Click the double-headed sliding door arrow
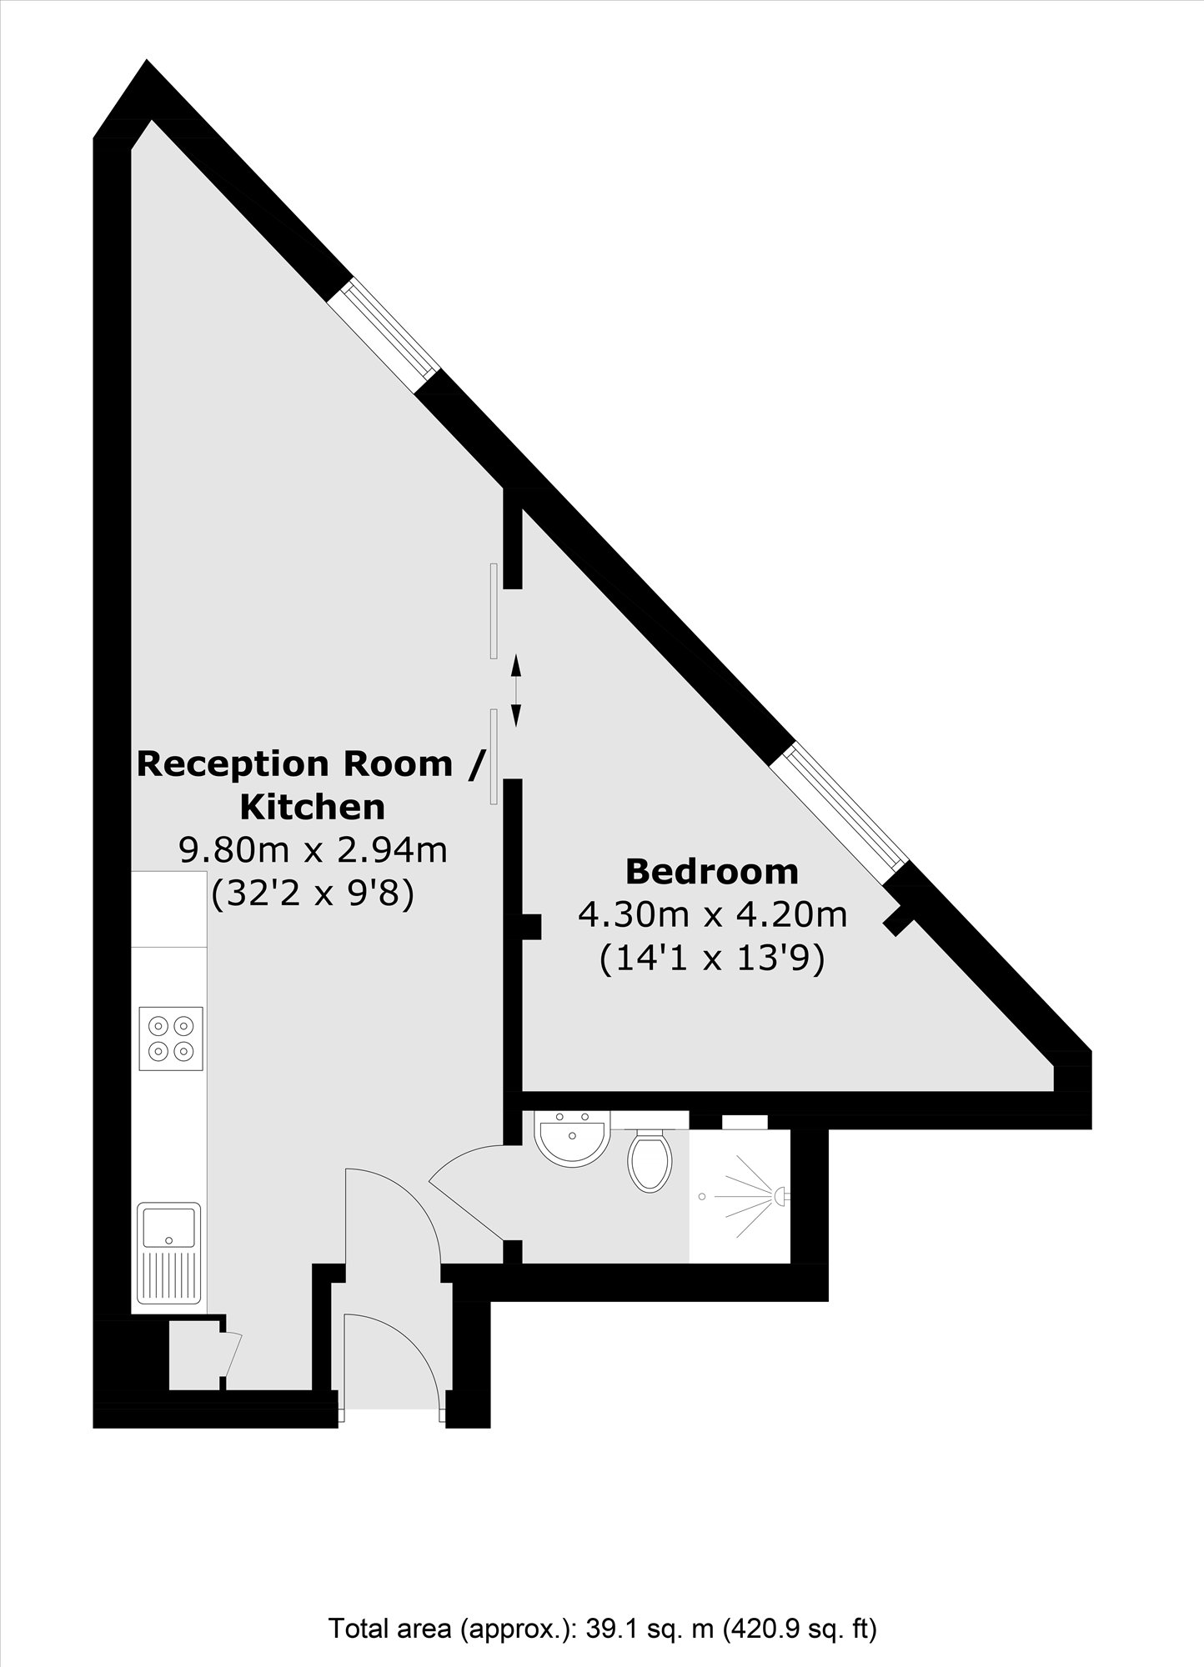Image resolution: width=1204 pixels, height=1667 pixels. pos(515,690)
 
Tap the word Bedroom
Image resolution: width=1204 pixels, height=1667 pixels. pos(712,872)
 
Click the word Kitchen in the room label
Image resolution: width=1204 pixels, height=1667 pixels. pos(313,807)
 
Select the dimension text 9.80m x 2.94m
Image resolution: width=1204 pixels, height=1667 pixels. pos(314,851)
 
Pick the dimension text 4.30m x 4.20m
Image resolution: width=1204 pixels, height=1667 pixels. pos(713,915)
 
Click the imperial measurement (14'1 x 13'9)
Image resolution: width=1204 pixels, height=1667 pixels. pos(712,959)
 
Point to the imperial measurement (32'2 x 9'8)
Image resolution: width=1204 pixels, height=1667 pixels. pos(313,896)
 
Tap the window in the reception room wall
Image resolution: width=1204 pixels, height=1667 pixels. pos(382,333)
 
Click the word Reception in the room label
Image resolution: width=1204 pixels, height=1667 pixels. pos(237,763)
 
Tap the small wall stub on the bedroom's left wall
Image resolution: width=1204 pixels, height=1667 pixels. pos(531,926)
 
